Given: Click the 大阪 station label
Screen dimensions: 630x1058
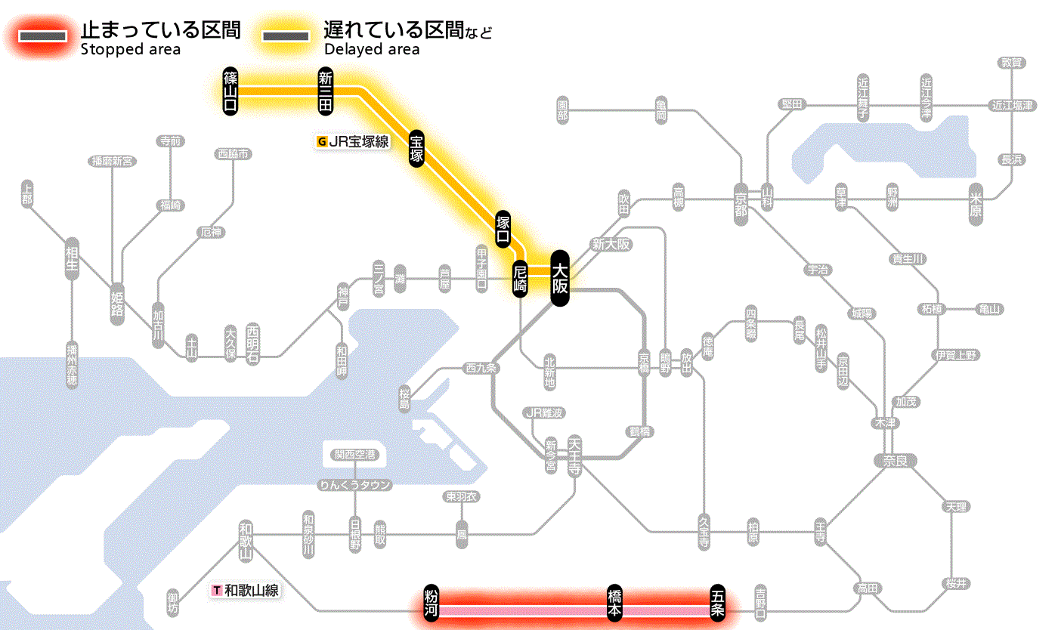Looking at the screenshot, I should [559, 279].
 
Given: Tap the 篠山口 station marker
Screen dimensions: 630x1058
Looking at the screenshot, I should [230, 91].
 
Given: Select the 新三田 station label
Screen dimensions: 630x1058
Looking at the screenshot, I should [326, 91].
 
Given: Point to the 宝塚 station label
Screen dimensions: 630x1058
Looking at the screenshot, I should [416, 148].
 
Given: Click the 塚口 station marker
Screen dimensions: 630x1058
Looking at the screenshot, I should [503, 230].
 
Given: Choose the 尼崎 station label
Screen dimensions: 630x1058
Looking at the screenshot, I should [519, 279].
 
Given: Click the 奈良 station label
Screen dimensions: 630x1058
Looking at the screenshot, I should [895, 460].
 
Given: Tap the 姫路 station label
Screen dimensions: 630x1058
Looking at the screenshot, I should [117, 304].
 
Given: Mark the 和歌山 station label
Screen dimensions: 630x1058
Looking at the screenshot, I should [246, 540].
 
